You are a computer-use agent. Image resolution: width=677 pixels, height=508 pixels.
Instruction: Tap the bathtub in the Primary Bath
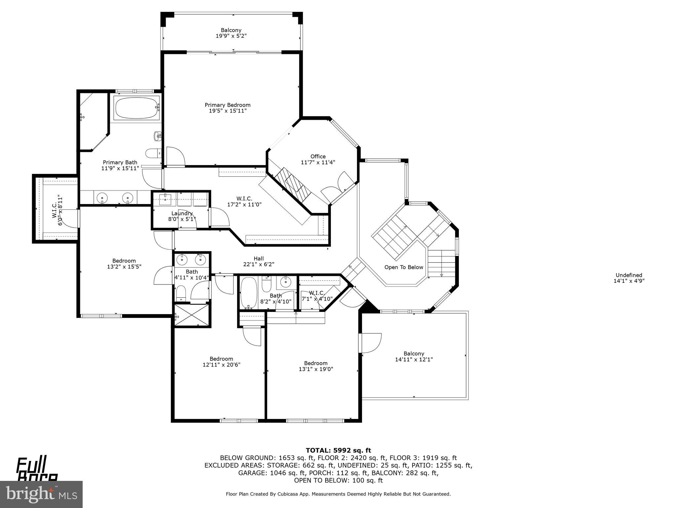(136, 108)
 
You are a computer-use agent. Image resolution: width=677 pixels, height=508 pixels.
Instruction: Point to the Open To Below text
(404, 267)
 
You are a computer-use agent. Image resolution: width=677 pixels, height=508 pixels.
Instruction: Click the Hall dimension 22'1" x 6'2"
(259, 264)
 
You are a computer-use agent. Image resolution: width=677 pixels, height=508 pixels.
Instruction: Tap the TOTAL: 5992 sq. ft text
(338, 450)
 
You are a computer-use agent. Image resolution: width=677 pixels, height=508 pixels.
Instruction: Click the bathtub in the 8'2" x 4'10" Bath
(248, 293)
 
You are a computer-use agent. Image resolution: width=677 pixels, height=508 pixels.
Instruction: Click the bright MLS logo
(41, 494)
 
